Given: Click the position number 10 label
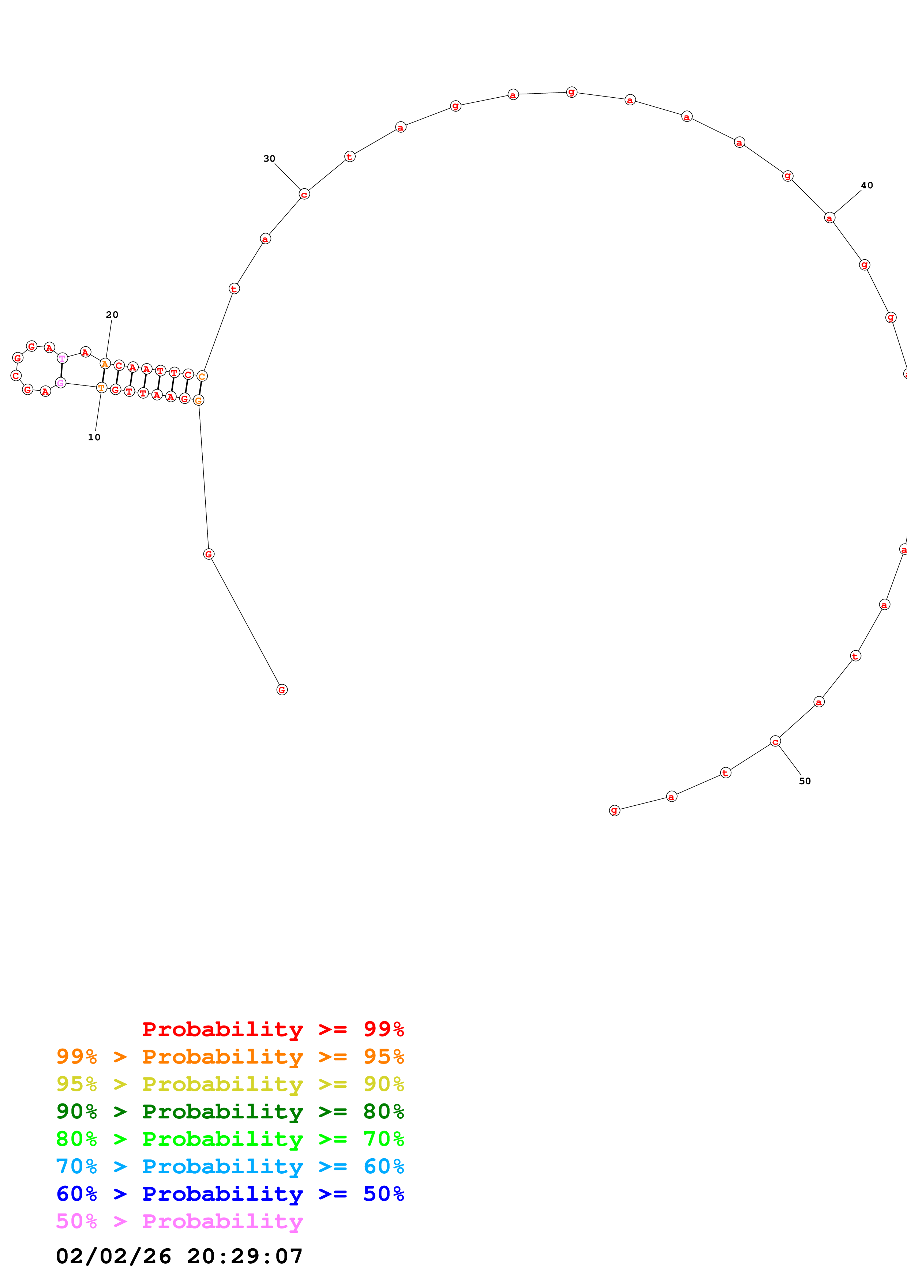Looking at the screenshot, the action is pyautogui.click(x=94, y=437).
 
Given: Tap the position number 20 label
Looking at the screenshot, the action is pyautogui.click(x=112, y=315).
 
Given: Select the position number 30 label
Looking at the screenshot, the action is pyautogui.click(x=269, y=159).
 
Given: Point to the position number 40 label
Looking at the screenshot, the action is pyautogui.click(x=867, y=185).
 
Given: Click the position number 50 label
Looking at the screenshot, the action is pyautogui.click(x=805, y=780).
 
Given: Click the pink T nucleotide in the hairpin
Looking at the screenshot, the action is pyautogui.click(x=62, y=358).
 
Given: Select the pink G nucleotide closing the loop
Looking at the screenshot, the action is pyautogui.click(x=60, y=383).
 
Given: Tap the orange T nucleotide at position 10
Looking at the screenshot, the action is pyautogui.click(x=101, y=387).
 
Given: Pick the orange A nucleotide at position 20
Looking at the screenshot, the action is pyautogui.click(x=105, y=364).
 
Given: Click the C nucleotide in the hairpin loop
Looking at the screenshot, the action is pyautogui.click(x=16, y=376).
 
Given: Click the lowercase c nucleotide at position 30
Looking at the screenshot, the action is pyautogui.click(x=304, y=194).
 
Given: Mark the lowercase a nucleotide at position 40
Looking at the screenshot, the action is pyautogui.click(x=829, y=218).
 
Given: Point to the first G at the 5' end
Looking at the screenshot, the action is pyautogui.click(x=282, y=689).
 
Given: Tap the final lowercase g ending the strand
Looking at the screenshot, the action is pyautogui.click(x=614, y=810).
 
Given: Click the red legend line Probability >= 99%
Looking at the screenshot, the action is pyautogui.click(x=273, y=1029).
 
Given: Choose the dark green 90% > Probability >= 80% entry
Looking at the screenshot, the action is pyautogui.click(x=230, y=1111).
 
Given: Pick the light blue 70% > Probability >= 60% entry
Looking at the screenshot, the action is pyautogui.click(x=230, y=1166).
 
